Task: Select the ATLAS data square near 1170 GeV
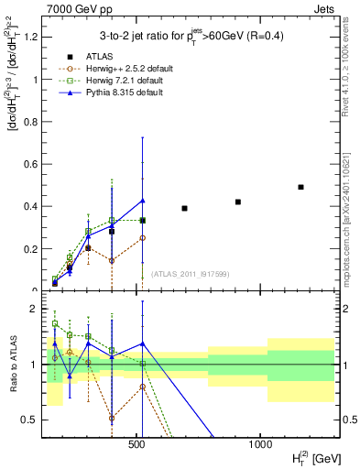(300, 187)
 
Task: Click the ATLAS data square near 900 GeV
(238, 202)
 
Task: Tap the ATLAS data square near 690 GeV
(184, 208)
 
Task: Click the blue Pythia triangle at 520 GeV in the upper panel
(142, 201)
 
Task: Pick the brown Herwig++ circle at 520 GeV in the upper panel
(142, 237)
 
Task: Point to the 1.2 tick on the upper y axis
(33, 37)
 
